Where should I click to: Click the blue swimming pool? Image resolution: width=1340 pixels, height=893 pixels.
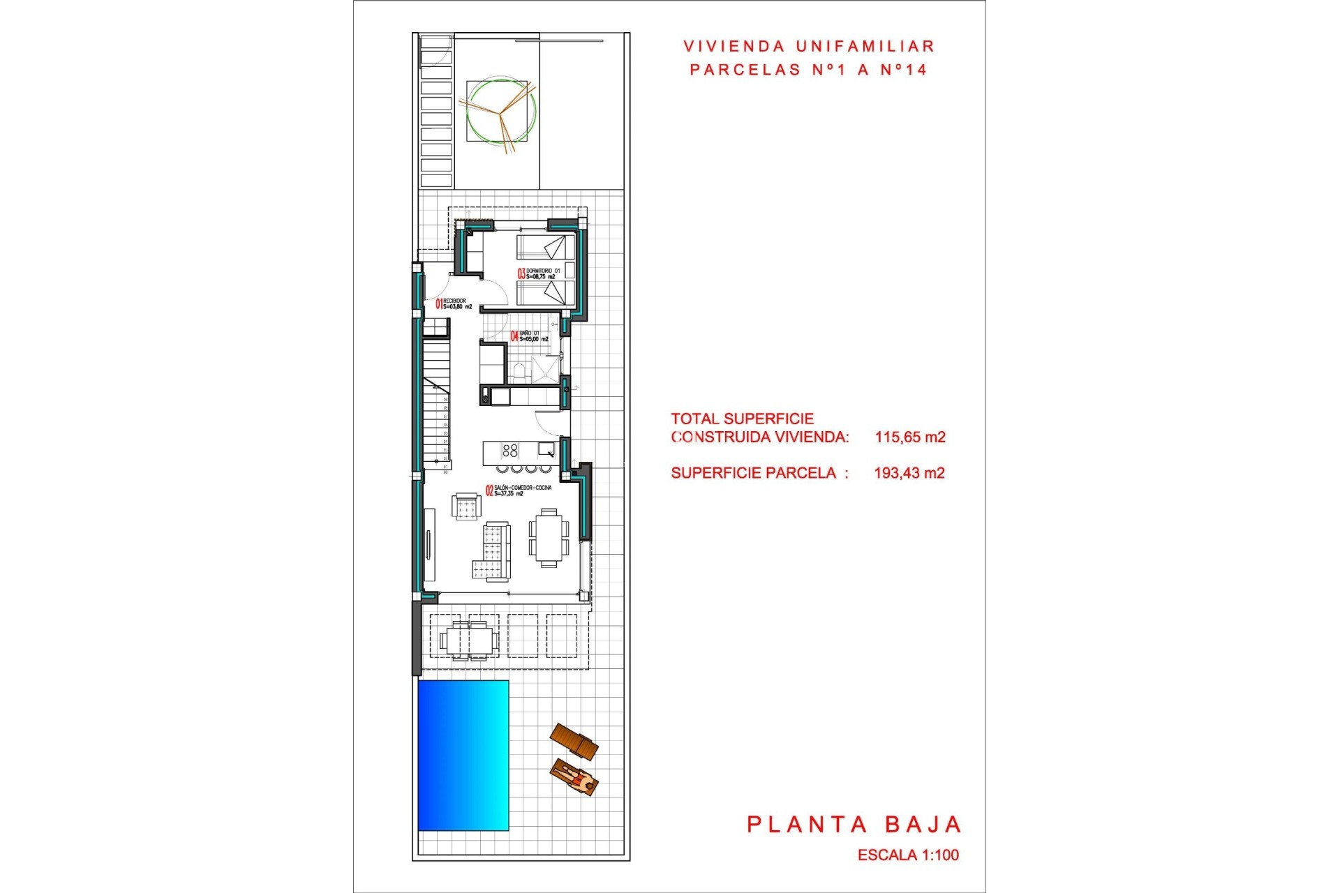click(463, 755)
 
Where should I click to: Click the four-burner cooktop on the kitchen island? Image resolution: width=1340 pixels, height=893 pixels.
click(510, 450)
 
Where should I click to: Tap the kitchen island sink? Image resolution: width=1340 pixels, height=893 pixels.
click(546, 449)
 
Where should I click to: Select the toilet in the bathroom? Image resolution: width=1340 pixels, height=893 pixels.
click(518, 371)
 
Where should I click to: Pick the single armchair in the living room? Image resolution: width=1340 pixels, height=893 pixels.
click(466, 506)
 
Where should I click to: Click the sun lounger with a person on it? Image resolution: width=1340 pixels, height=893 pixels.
click(574, 777)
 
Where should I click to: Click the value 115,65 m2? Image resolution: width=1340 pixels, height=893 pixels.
click(910, 437)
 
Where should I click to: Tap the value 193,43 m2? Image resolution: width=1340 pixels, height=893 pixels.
click(909, 473)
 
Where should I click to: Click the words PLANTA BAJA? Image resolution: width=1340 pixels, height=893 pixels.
click(854, 825)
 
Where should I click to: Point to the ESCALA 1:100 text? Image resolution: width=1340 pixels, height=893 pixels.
click(908, 855)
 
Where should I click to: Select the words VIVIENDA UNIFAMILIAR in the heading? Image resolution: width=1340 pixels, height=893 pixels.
click(809, 47)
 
